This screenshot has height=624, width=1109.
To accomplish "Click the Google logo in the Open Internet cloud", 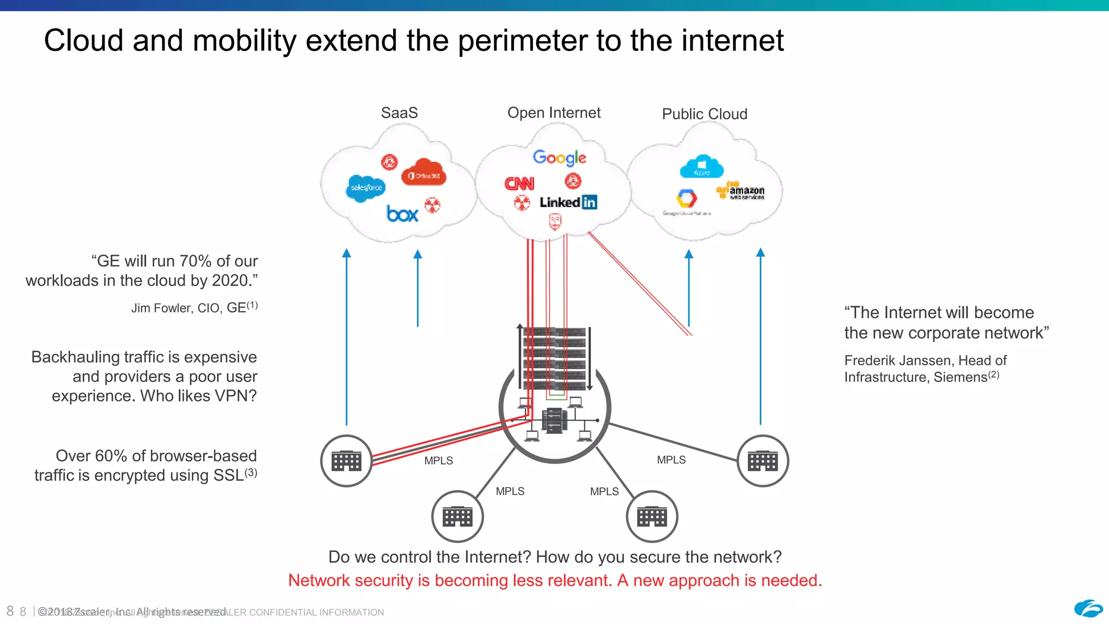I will tap(559, 157).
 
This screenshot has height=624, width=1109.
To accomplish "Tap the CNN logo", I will tap(519, 184).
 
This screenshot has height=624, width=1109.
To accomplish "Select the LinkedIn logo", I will tap(568, 202).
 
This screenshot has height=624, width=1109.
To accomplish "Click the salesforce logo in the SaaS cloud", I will tap(366, 188).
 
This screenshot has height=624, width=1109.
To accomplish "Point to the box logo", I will tap(402, 214).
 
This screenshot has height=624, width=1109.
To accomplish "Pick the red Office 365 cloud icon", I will tap(424, 173).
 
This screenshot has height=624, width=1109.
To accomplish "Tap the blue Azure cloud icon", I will tap(701, 167).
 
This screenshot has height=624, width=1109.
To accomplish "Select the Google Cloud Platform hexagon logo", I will tap(687, 198).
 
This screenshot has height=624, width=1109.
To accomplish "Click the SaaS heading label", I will tap(399, 113).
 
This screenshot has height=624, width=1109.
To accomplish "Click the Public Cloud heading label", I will tap(704, 114).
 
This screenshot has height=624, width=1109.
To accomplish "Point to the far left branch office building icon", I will tap(347, 461).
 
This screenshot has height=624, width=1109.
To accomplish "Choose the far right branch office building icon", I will tap(762, 461).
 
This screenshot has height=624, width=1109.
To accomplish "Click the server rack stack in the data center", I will tap(554, 359).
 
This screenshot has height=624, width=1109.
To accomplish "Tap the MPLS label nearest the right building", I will tap(671, 460).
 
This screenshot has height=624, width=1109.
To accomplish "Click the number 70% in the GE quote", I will tap(195, 261).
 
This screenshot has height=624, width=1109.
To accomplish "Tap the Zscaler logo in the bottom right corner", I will tap(1088, 609).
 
